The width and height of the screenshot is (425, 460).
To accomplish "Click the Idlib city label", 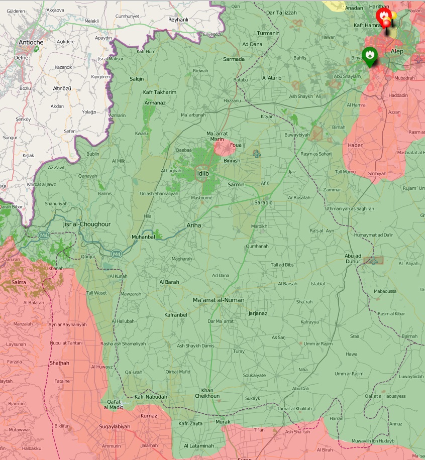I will point(203,173).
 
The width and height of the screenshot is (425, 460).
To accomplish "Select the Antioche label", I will point(31,43).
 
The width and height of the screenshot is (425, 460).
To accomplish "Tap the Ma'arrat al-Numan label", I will point(219,300).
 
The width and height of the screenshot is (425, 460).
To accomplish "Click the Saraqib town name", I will point(263,202).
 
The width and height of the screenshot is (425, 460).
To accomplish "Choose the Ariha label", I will point(193,225).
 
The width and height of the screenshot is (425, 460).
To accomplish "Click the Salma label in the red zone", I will point(19,282).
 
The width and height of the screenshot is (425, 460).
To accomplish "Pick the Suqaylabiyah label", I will point(115,427).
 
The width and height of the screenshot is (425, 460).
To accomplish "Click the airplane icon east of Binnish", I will point(257,153).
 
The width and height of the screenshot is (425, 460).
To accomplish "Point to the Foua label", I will point(236,145).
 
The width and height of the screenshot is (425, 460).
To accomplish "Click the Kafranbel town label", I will point(176,315).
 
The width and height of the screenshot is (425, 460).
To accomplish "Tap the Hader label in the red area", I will point(355,146).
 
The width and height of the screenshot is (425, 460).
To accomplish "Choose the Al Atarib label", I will point(272,78).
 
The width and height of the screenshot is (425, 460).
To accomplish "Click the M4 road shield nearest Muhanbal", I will point(117,254).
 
